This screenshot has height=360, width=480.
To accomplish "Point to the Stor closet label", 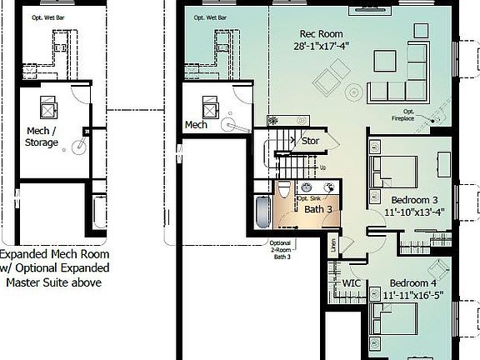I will [x=310, y=141].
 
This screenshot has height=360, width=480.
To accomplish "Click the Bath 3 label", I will [x=317, y=208].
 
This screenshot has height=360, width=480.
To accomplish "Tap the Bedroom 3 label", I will [x=413, y=200].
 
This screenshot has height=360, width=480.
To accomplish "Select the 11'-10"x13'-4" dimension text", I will [x=413, y=212].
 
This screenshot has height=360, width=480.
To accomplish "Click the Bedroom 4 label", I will [x=414, y=282].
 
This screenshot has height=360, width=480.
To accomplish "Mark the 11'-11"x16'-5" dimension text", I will [x=414, y=295].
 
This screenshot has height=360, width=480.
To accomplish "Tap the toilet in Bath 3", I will [x=285, y=188].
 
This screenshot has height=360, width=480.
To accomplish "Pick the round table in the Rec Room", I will [x=353, y=92].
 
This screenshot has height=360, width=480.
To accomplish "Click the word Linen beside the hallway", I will [x=334, y=245].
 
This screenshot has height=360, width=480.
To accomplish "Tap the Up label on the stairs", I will [x=322, y=167].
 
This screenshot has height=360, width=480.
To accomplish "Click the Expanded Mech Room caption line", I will [x=50, y=254].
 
